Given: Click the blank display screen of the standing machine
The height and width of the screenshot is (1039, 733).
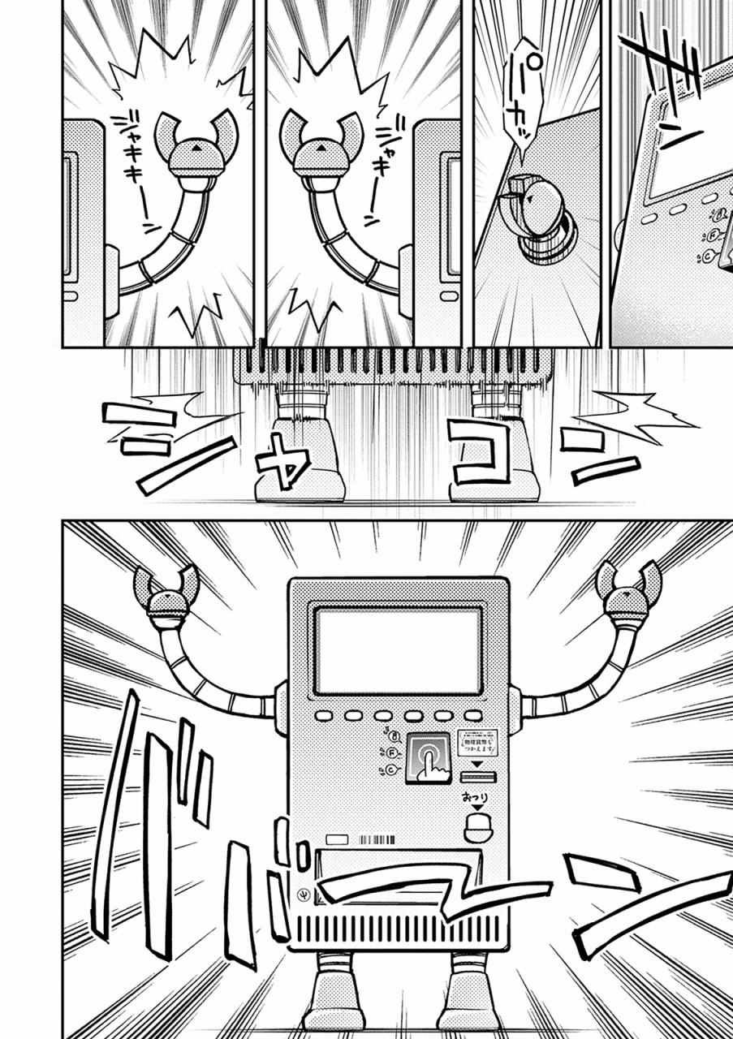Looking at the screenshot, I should coord(398,650).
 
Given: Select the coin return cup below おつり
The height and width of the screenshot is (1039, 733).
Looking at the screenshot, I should coord(479,827).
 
